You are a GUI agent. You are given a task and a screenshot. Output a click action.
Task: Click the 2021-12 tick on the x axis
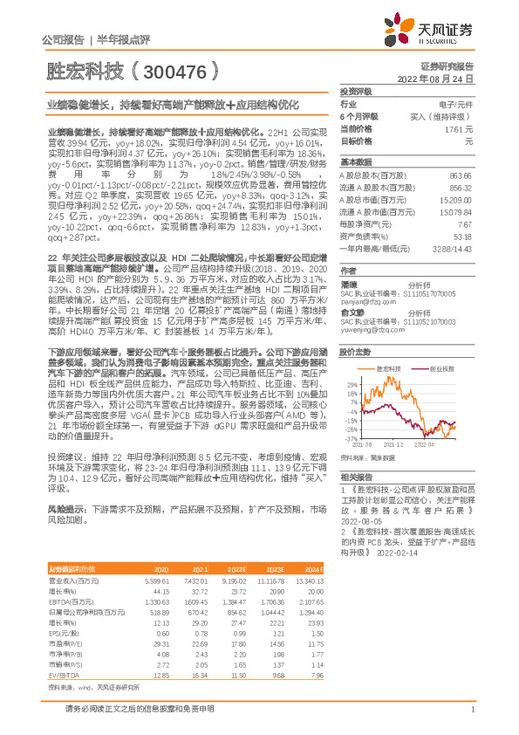[x=398, y=444]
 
